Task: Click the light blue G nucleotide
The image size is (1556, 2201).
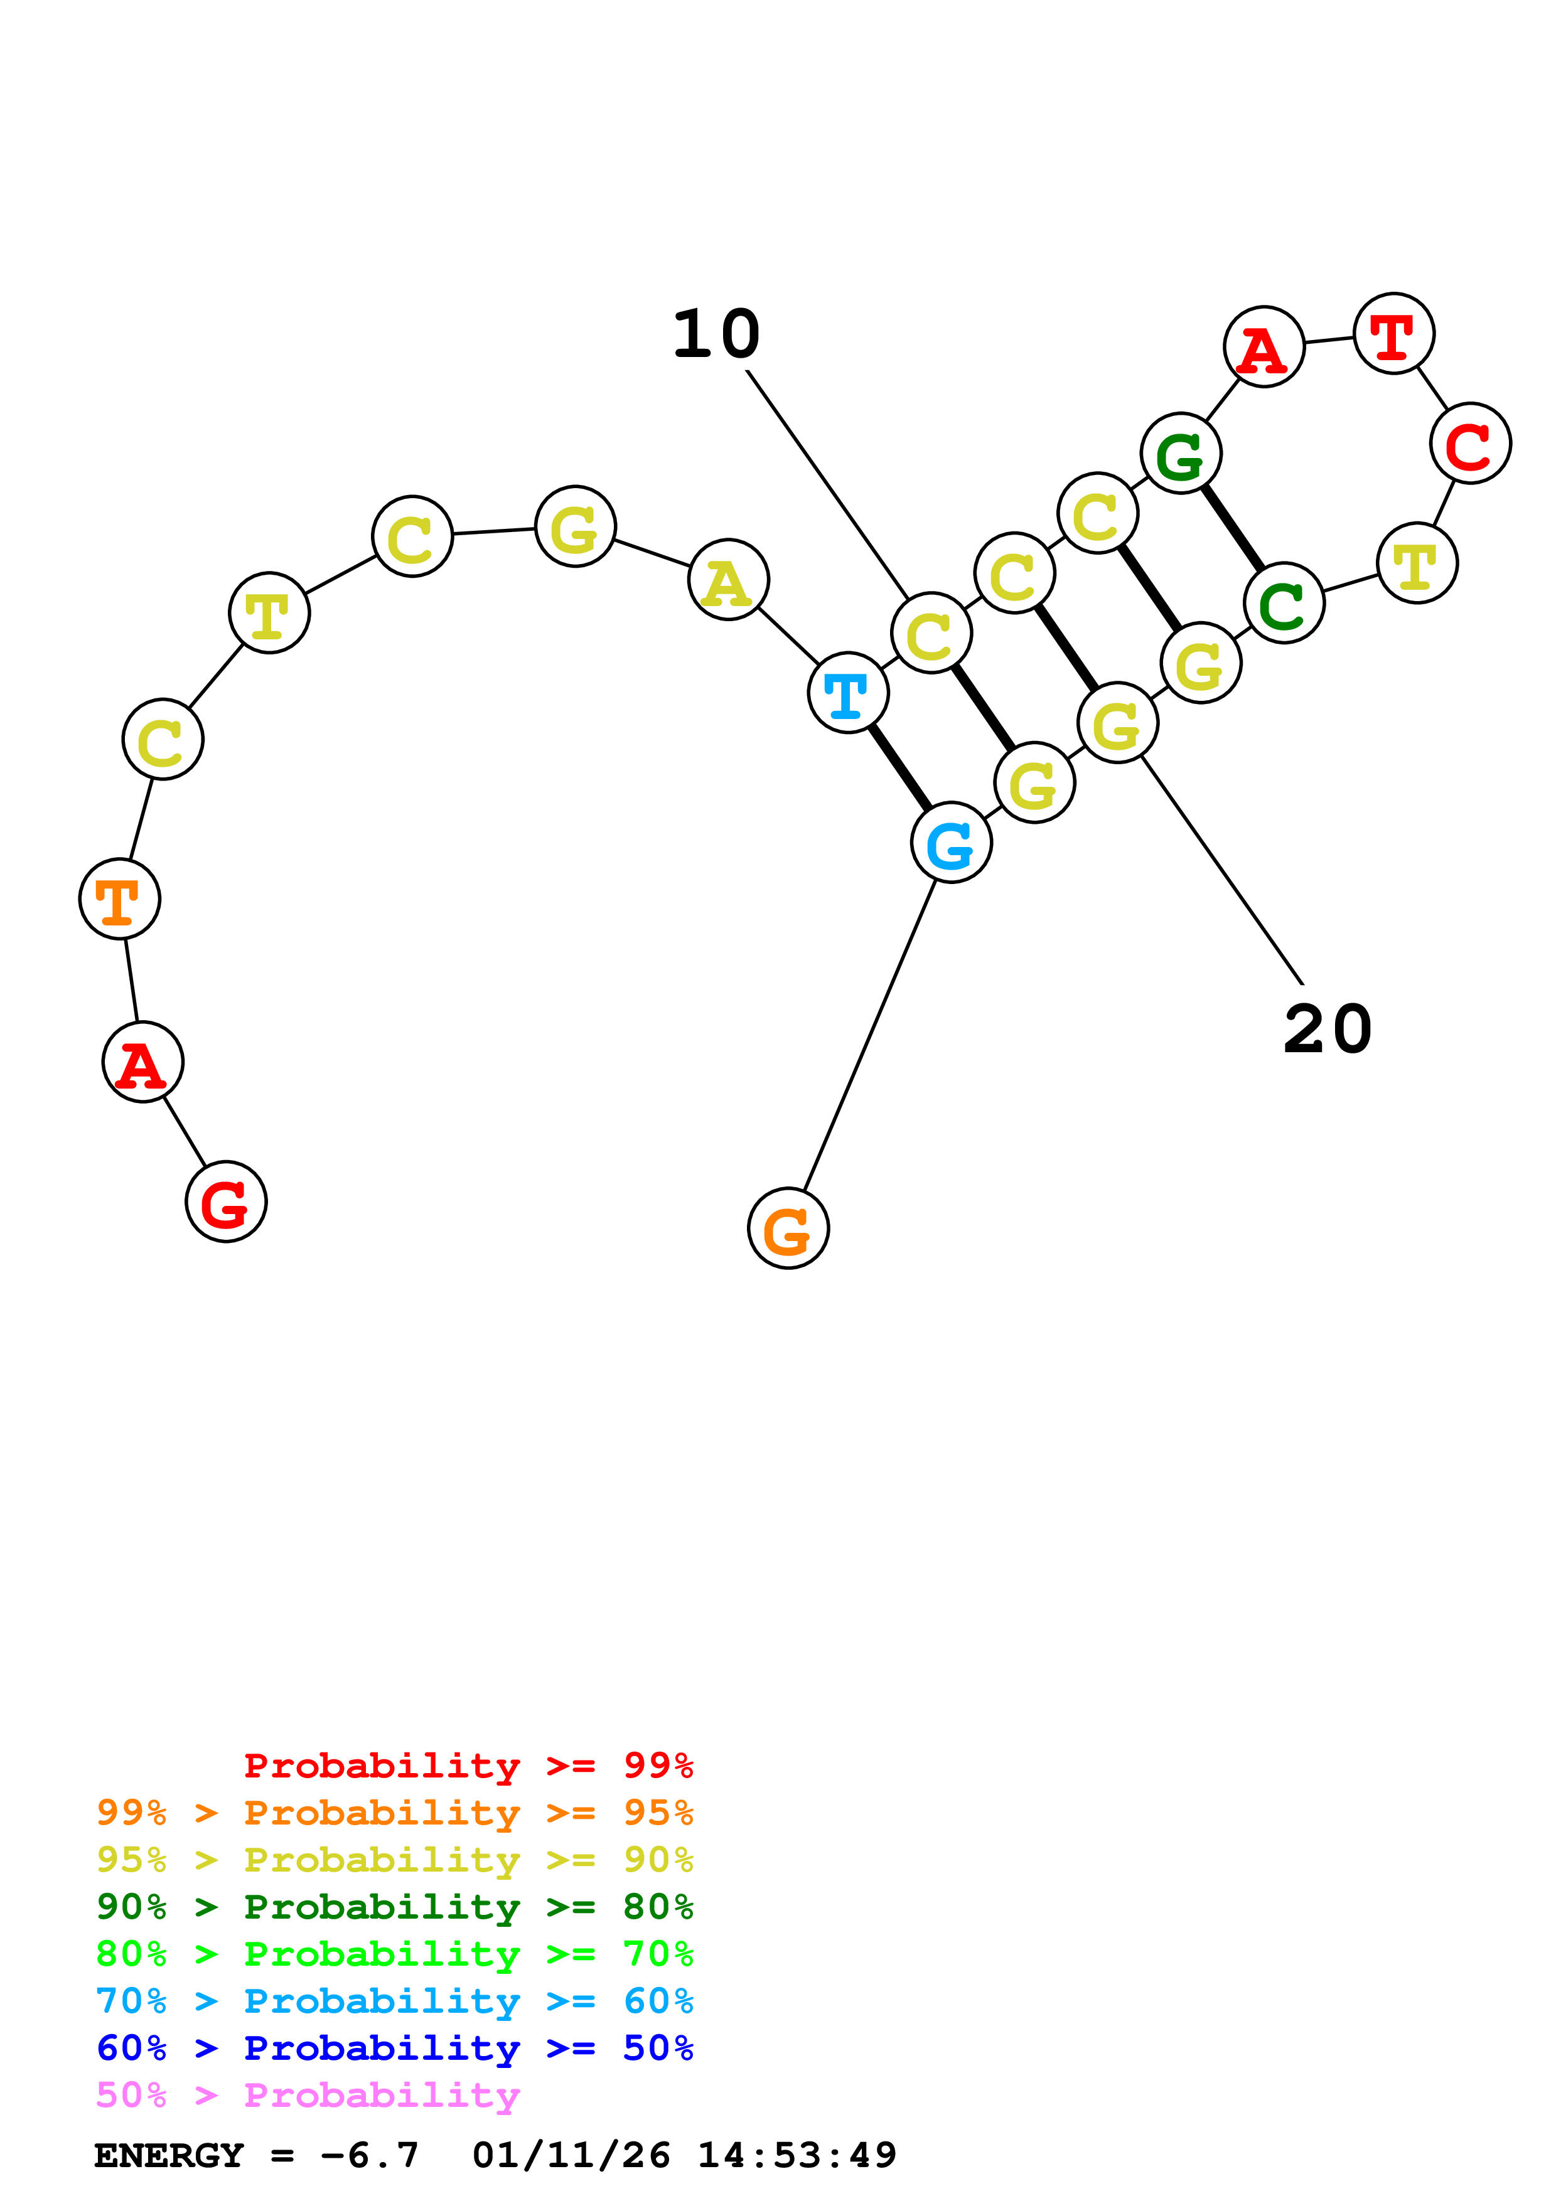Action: coord(951,843)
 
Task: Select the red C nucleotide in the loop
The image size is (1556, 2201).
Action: coord(1471,443)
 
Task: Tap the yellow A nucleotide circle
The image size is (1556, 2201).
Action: coord(729,580)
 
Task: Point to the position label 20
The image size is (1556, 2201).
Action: coord(1328,1030)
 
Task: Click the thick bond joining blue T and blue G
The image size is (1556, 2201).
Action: coord(899,767)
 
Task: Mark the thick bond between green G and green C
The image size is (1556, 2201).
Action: coord(1233,528)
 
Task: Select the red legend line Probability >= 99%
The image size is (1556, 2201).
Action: coord(468,1765)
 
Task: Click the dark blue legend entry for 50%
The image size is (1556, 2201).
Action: coord(395,2048)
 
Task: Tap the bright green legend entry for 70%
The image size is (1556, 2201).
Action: coord(395,1954)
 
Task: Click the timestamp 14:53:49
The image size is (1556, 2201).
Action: coord(797,2156)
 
